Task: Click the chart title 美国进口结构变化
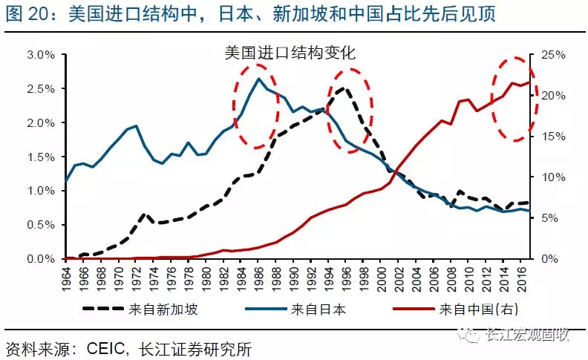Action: point(290,53)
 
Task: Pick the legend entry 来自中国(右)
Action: point(475,310)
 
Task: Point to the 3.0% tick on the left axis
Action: point(40,55)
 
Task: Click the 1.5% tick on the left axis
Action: point(40,157)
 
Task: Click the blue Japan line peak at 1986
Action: point(258,79)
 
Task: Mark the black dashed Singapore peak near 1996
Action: point(344,88)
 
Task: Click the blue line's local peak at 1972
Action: point(136,126)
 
